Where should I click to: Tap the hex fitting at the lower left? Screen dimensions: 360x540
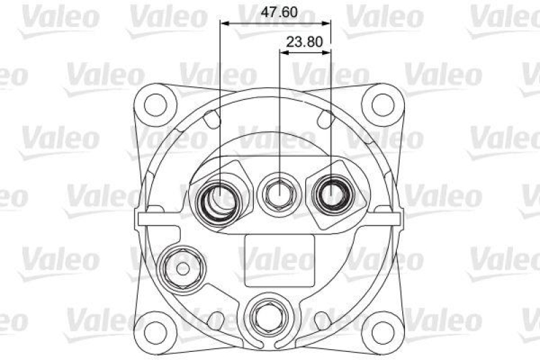coord(181,268)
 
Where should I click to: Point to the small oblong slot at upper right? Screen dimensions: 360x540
coord(327,119)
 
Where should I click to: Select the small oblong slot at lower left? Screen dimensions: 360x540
coord(215,318)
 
